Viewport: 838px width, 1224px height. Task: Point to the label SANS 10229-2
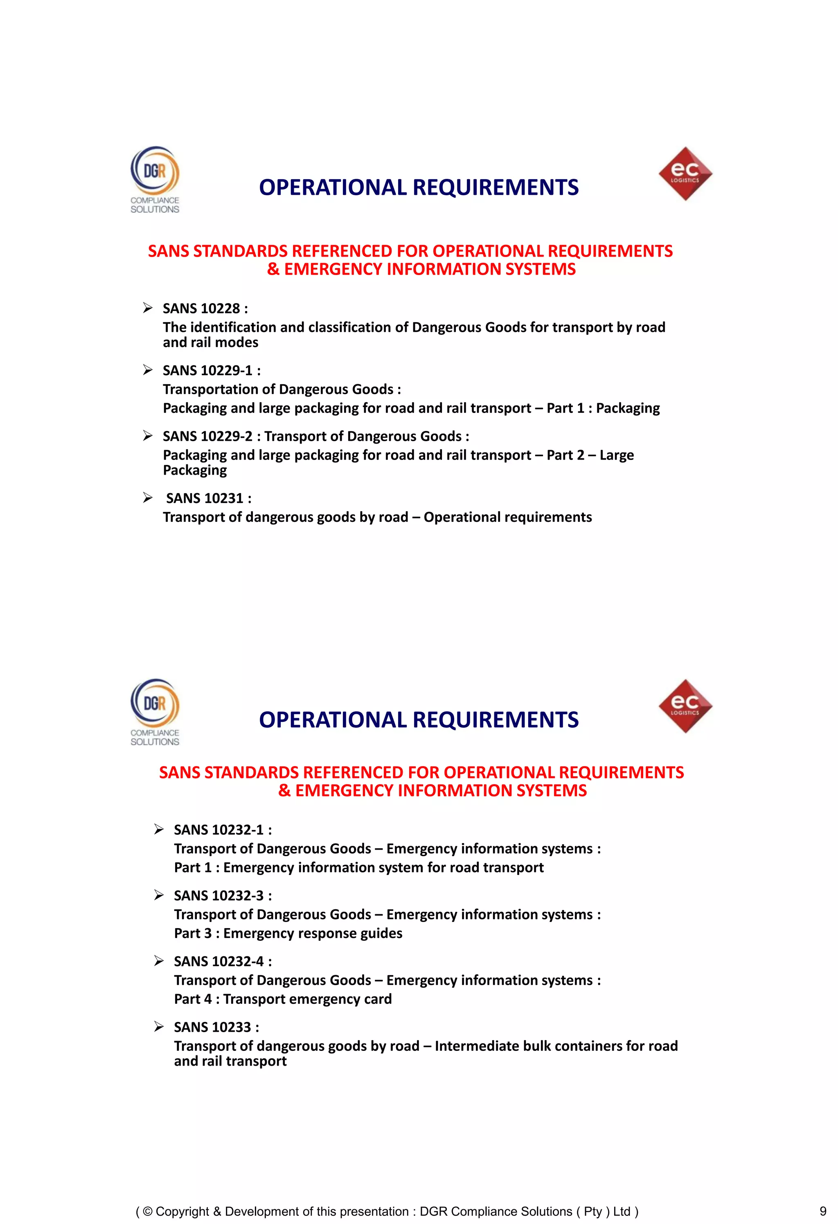[208, 436]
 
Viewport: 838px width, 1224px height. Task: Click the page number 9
[823, 1211]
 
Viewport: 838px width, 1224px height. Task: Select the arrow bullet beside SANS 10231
[148, 498]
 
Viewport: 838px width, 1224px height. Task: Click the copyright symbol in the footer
[147, 1211]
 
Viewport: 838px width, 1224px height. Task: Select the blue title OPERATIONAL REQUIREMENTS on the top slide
[419, 187]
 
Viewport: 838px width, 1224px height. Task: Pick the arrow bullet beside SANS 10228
[148, 308]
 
